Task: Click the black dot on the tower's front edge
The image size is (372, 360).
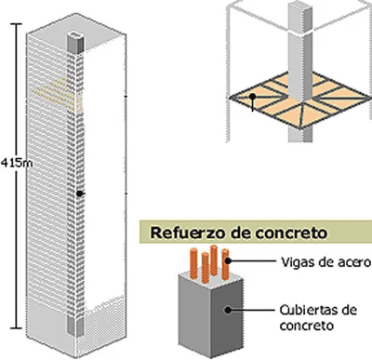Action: click(81, 193)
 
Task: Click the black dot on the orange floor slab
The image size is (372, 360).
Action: click(251, 96)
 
